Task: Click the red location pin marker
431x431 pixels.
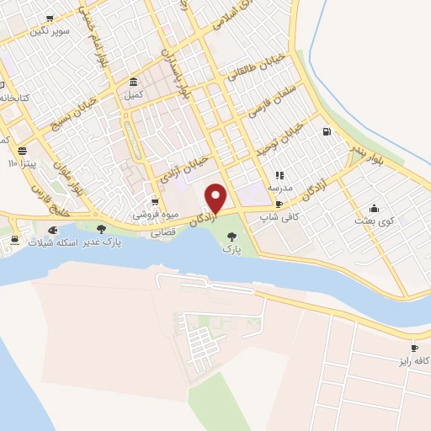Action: (216, 198)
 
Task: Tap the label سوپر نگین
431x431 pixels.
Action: (50, 31)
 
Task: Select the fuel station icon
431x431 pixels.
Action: (326, 131)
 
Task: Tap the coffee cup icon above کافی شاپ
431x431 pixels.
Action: (279, 203)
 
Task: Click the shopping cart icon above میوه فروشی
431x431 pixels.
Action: (155, 202)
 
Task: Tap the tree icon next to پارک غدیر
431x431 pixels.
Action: (102, 229)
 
